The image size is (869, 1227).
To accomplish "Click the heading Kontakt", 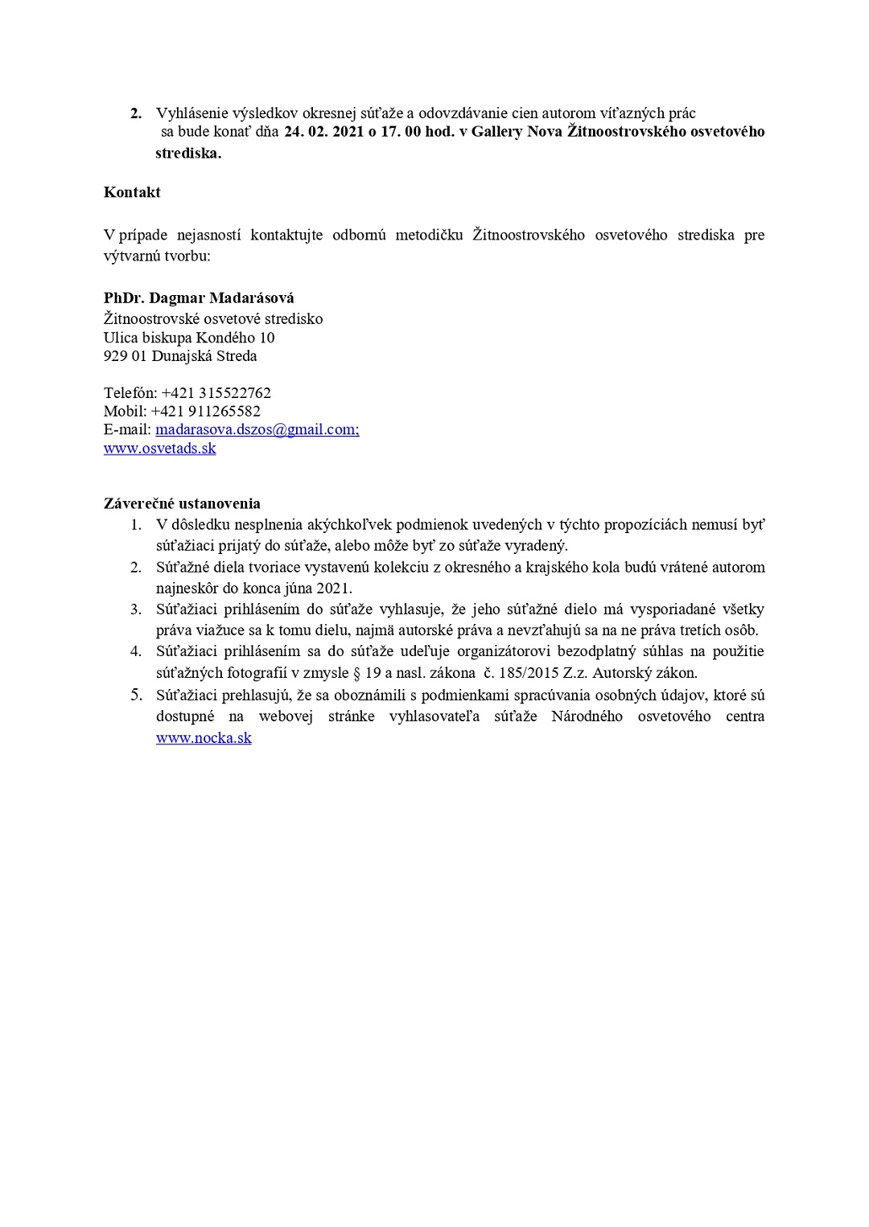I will pos(132,192).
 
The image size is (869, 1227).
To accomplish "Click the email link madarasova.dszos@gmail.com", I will pos(257,429).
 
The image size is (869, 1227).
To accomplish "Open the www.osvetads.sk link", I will pos(159,448).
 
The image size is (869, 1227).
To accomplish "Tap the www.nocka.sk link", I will pos(204,737).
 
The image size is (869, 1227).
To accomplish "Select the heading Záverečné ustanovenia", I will pos(182,503).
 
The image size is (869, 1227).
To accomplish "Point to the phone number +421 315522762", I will pos(216,393).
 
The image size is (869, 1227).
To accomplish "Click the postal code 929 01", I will pos(125,356).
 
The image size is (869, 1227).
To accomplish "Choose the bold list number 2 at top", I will pos(136,113).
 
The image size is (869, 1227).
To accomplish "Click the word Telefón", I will pos(130,393).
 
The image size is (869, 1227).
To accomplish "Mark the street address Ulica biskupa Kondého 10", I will pos(189,338).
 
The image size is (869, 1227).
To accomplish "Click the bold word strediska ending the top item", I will pos(187,153).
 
